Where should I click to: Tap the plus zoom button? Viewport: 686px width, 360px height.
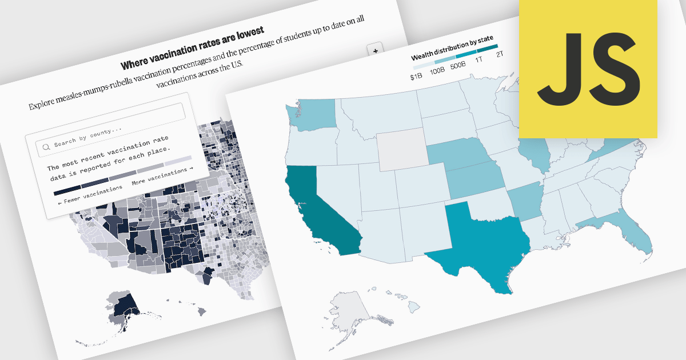click(376, 51)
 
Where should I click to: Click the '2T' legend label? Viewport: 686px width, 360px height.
click(500, 54)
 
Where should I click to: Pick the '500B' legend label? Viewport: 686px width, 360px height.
click(457, 66)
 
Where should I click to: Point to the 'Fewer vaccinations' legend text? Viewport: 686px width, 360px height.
click(82, 198)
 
